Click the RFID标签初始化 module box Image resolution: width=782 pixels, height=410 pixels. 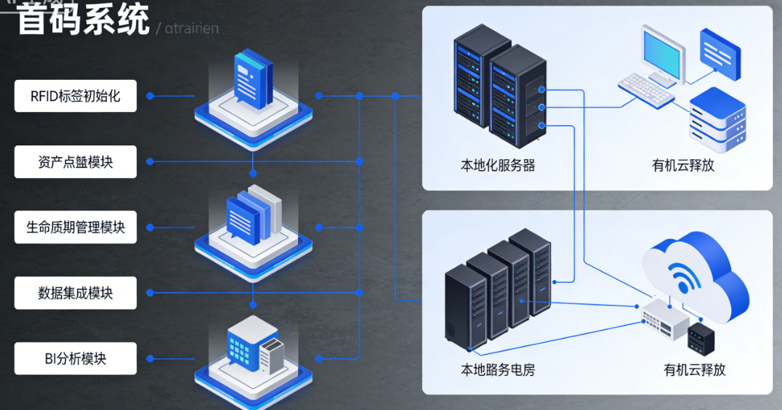(x=76, y=96)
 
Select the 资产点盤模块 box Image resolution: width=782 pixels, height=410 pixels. (x=76, y=161)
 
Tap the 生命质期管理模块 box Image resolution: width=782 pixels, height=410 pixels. (x=76, y=228)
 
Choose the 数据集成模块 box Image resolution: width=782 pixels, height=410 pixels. (x=76, y=293)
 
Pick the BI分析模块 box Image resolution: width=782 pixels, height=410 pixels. (x=76, y=358)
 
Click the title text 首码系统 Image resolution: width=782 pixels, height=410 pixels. (x=83, y=19)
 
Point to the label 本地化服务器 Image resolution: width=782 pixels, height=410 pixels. (x=498, y=165)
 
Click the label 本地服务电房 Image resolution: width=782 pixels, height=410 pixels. (x=498, y=369)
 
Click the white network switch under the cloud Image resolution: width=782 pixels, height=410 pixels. (x=664, y=318)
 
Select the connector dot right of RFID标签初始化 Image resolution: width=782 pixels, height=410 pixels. (x=150, y=96)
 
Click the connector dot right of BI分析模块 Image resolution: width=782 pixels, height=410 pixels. (x=150, y=358)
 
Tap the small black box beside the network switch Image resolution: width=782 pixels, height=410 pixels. (x=701, y=336)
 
